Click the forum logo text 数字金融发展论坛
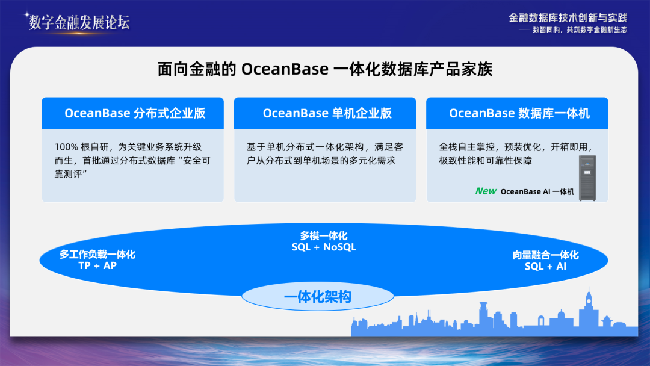coord(79,22)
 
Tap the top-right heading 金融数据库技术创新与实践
coord(568,18)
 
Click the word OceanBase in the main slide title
coord(285,69)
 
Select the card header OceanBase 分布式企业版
coord(135,113)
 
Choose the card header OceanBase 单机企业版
coord(327,113)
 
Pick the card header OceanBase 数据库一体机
coord(519,113)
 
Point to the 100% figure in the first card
coord(66,147)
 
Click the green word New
coord(486,191)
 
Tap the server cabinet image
coord(587,178)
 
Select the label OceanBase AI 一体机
coord(537,191)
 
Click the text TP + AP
coord(97,265)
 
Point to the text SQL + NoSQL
coord(324,247)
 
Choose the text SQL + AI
coord(545,267)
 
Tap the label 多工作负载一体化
coord(97,255)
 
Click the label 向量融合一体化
coord(545,255)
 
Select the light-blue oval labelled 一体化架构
coord(318,296)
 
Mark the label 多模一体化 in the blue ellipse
coord(324,236)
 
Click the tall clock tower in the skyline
coord(589,307)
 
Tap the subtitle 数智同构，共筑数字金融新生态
coord(580,30)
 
